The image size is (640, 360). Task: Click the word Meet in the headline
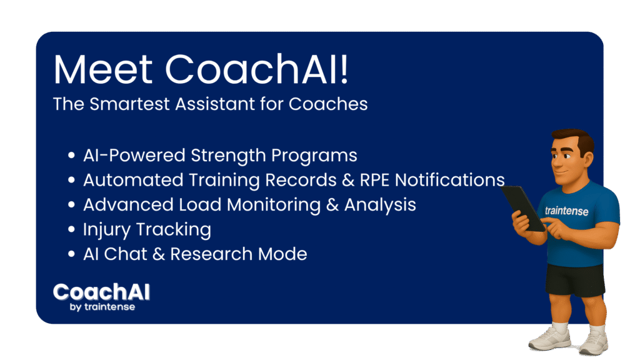[x=103, y=69]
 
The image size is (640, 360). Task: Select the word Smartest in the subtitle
[x=129, y=104]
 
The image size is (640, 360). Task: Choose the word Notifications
[x=450, y=180]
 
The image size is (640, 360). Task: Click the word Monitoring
[x=274, y=205]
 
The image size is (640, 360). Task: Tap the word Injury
[x=106, y=230]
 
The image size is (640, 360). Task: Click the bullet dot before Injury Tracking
[x=71, y=229]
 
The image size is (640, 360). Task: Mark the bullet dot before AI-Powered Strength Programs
[x=71, y=155]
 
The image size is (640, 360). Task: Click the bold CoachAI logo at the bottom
[x=102, y=292]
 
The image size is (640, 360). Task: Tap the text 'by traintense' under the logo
[x=102, y=307]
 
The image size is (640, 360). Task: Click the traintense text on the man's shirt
[x=566, y=211]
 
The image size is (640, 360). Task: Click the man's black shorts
[x=575, y=280]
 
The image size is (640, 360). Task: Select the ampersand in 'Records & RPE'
[x=348, y=181]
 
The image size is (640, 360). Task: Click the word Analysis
[x=380, y=205]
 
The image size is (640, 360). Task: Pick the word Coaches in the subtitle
[x=328, y=104]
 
